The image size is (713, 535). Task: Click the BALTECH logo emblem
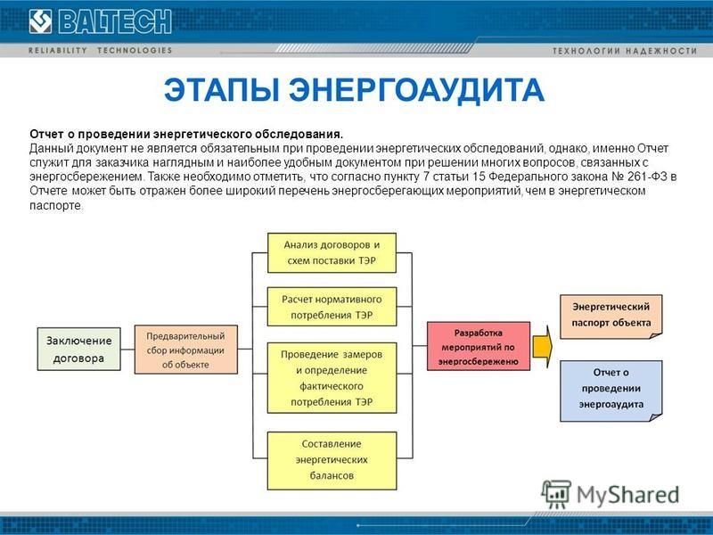coord(40,21)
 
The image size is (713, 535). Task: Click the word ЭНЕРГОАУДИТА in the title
coord(416,90)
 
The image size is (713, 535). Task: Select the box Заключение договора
coord(78,349)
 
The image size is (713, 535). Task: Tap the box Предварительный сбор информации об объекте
coord(186,350)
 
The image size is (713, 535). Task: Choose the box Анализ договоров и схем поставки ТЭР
coord(332,253)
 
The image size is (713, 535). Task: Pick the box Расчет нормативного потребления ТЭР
coord(332,307)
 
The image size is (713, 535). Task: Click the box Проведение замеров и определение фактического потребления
coord(332,378)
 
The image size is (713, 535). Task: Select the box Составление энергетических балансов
coord(332,460)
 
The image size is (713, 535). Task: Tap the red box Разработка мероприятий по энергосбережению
coord(479,346)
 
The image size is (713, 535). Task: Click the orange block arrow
coord(542,347)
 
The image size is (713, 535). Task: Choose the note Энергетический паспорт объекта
coord(611,317)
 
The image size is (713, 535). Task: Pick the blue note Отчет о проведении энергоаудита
coord(611,391)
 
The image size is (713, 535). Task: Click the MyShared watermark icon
coord(555,495)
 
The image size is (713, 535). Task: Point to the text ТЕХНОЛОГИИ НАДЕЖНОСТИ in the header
coord(625,51)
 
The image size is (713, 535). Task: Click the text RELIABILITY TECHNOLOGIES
coord(100,50)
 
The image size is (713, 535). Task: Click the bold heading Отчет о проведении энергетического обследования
coord(186,135)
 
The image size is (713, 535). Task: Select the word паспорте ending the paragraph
coord(56,205)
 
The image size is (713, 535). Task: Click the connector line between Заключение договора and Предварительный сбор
coord(127,350)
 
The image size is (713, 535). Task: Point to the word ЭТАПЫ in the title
coord(221,90)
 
